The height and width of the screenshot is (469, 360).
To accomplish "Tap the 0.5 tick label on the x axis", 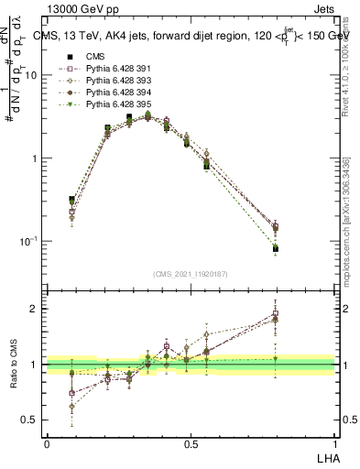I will (x=191, y=444).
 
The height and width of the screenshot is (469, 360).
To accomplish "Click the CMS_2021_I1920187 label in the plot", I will (x=190, y=275).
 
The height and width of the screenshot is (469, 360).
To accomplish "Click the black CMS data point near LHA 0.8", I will (x=276, y=248).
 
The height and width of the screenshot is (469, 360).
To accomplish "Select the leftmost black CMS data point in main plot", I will (x=72, y=200).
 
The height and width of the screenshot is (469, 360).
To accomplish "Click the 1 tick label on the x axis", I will (x=335, y=444).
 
